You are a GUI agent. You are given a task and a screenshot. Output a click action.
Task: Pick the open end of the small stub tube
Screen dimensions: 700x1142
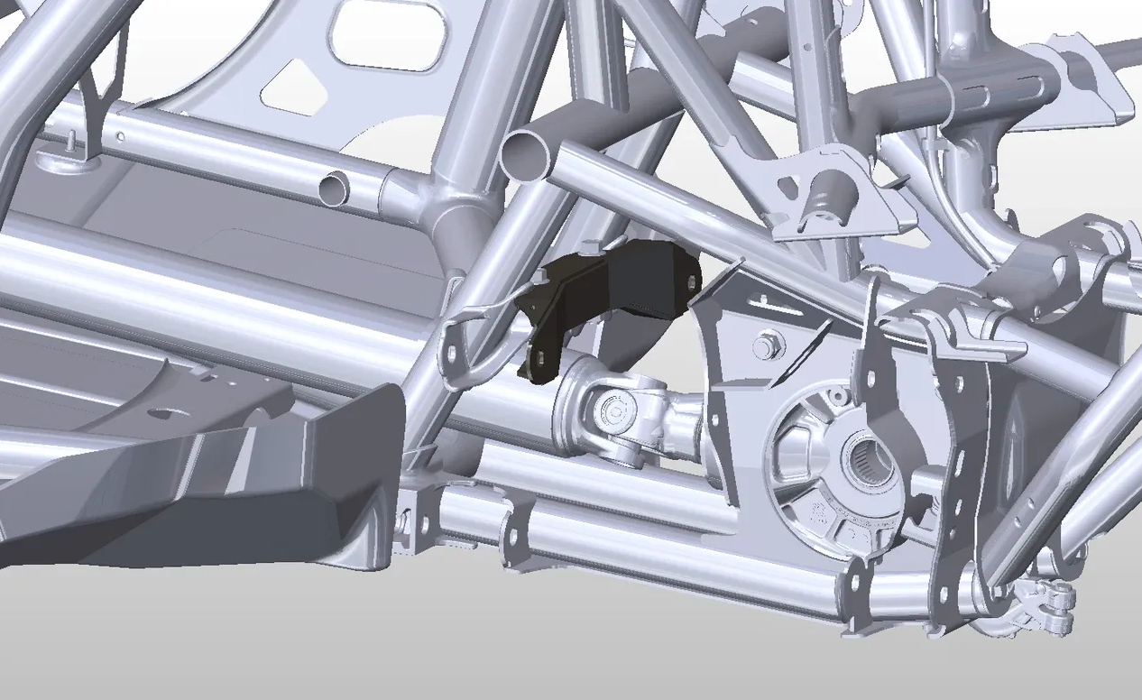pos(335,187)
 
